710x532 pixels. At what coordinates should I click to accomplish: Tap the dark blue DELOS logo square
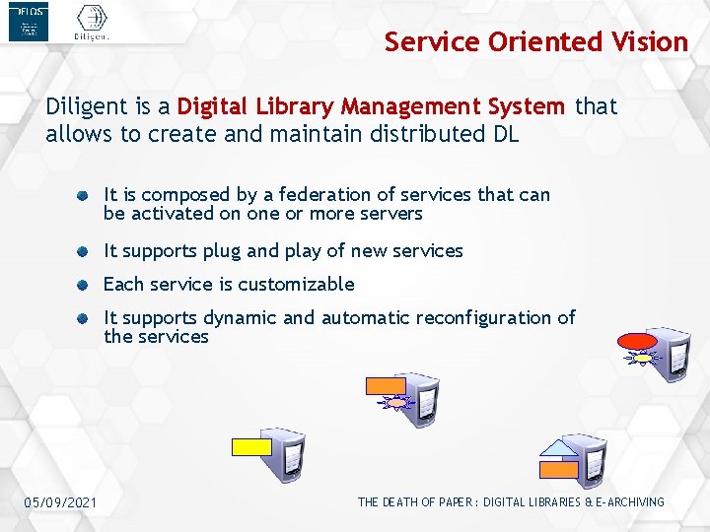click(x=28, y=22)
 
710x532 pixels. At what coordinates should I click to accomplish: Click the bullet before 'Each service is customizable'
click(x=88, y=285)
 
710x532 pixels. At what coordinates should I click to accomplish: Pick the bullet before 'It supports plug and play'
click(x=88, y=251)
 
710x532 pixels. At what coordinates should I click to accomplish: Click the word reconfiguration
click(x=484, y=317)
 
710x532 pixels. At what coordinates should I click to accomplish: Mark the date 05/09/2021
click(x=61, y=502)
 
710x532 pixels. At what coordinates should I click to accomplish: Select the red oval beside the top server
click(x=637, y=343)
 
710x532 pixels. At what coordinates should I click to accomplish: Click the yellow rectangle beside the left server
click(x=250, y=445)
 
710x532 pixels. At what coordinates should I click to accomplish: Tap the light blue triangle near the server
click(x=560, y=448)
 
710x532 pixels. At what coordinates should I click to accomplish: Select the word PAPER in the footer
click(x=457, y=502)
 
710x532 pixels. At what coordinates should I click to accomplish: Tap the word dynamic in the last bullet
click(x=242, y=317)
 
